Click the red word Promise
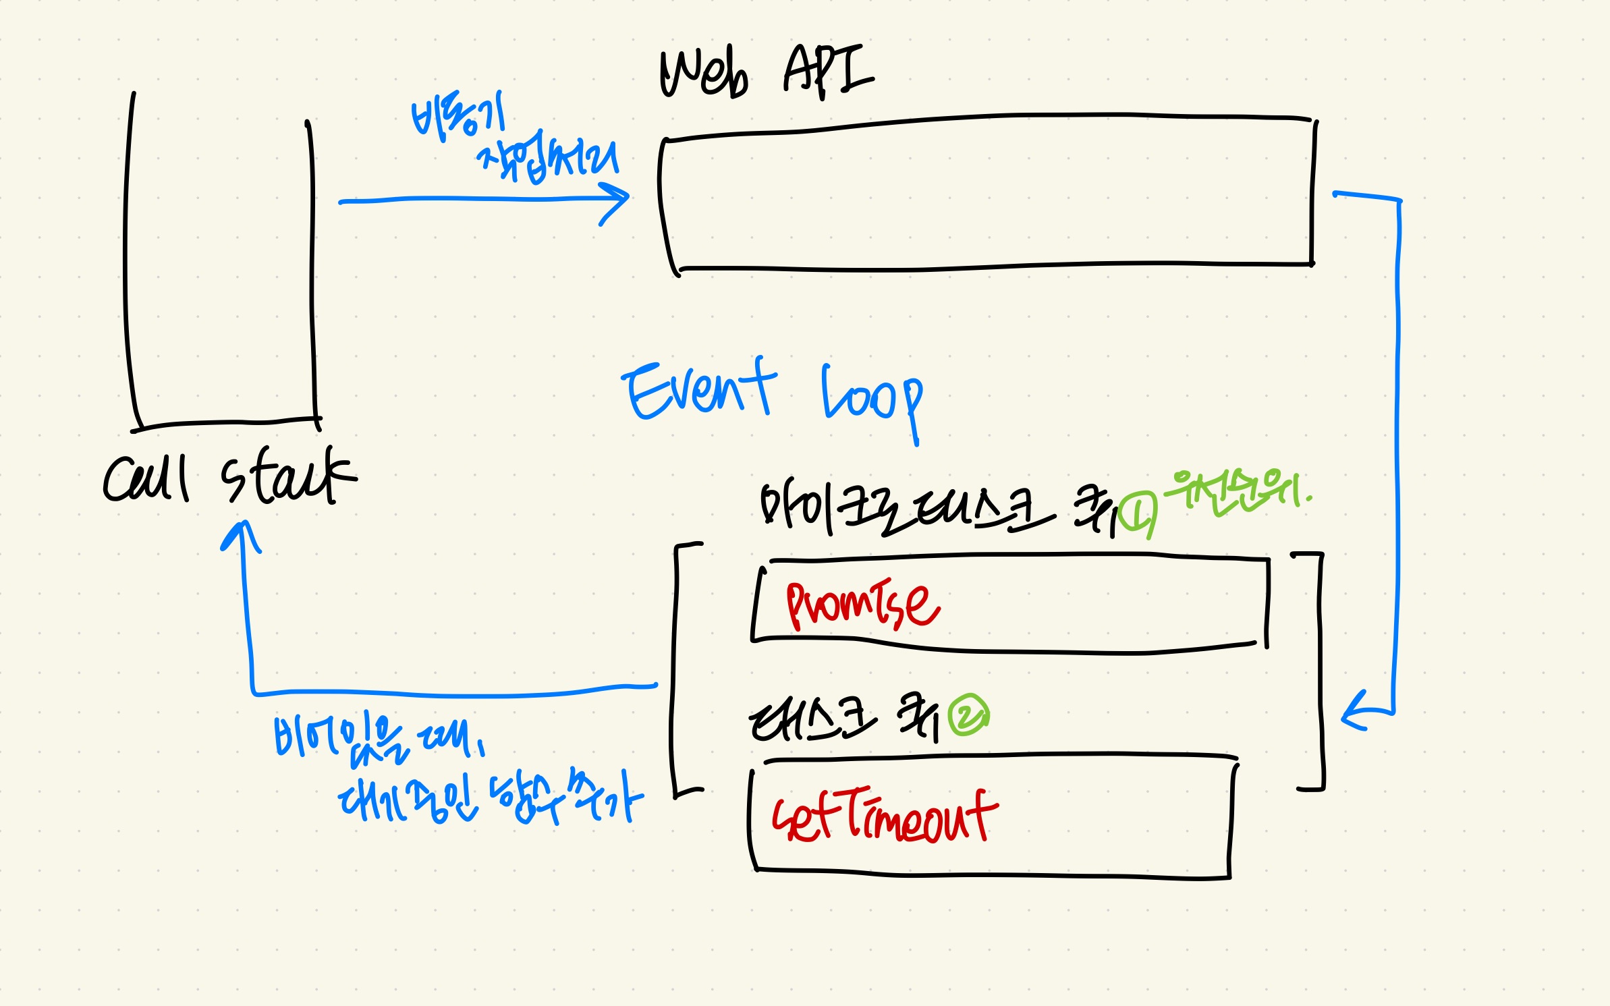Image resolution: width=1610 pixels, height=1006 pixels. [862, 604]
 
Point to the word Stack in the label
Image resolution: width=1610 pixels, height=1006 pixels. [287, 475]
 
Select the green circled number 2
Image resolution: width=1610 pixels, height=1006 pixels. [968, 715]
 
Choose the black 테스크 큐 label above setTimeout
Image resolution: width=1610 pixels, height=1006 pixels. [843, 718]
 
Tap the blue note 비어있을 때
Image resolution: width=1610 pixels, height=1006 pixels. [378, 738]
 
